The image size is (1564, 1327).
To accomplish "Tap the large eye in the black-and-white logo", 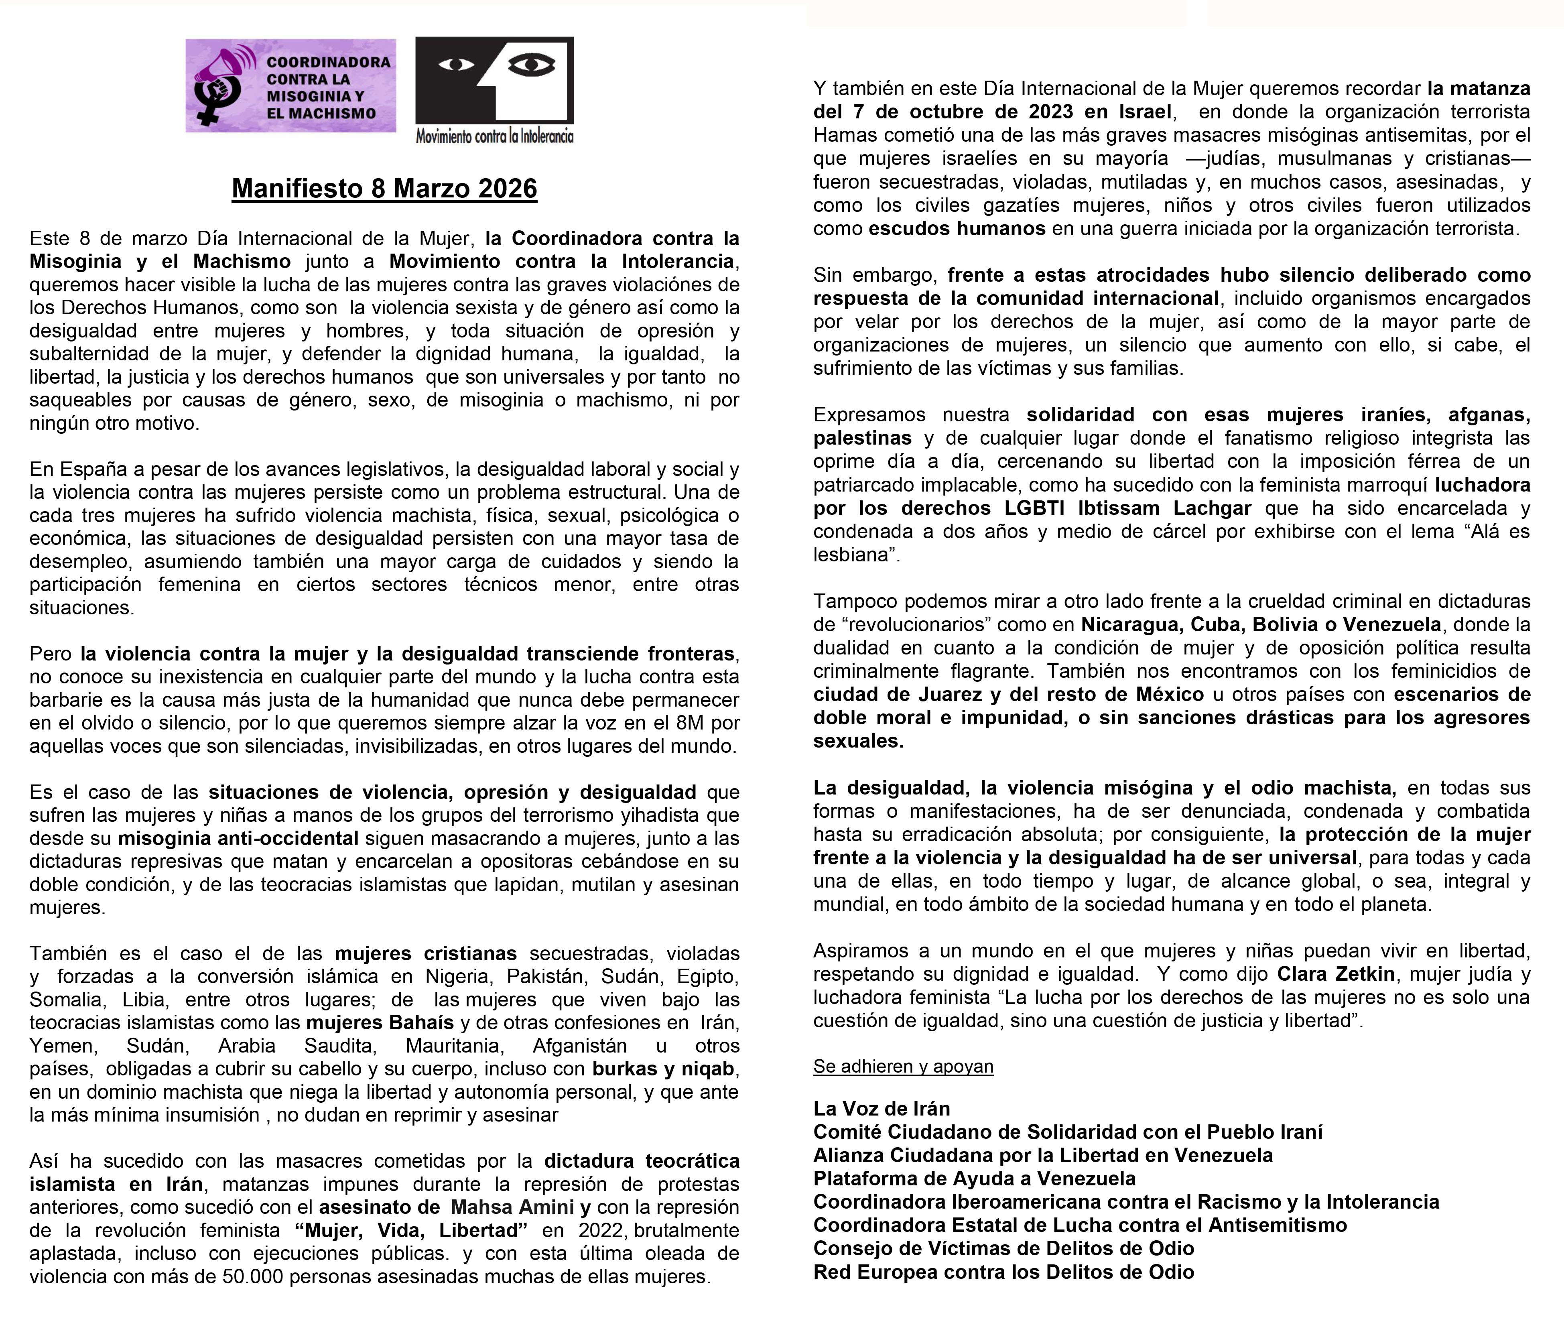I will (x=531, y=65).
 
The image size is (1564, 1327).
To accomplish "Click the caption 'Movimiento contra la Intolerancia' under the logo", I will (x=494, y=136).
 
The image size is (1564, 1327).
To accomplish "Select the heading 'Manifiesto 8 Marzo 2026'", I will (x=384, y=188).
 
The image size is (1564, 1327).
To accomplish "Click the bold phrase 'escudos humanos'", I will (x=957, y=229).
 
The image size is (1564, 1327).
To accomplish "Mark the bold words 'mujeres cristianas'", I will (x=426, y=954).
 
